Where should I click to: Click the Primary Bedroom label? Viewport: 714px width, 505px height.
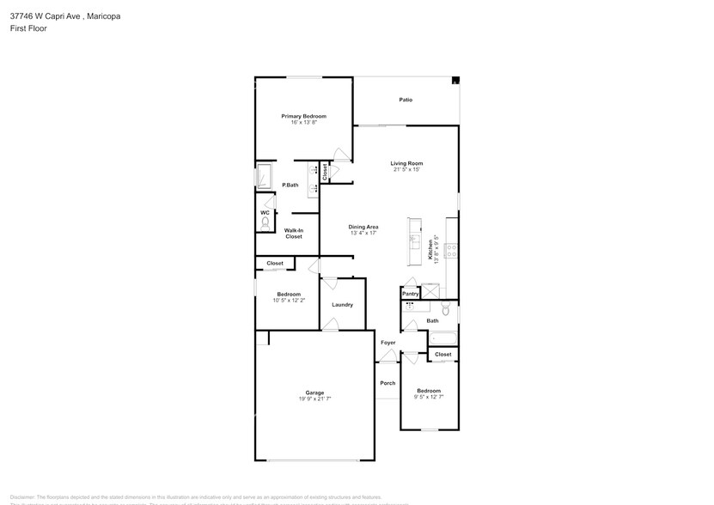[303, 116]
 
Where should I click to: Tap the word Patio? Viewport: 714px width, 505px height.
[406, 100]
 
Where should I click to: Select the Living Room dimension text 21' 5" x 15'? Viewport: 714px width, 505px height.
[406, 169]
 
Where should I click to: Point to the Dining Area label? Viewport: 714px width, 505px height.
[363, 227]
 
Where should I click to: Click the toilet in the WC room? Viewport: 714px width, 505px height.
[264, 223]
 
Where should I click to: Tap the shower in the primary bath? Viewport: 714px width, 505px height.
[265, 176]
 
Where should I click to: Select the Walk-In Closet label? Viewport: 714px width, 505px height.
[293, 233]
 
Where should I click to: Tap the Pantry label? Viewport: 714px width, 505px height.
[411, 294]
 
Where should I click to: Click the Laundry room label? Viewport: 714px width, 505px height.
[342, 304]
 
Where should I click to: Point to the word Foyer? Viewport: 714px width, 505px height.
[388, 343]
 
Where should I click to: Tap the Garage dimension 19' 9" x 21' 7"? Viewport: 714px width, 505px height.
[314, 399]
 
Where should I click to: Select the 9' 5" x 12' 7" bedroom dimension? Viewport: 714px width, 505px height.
[428, 396]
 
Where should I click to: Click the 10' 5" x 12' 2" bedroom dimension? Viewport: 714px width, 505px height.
[288, 300]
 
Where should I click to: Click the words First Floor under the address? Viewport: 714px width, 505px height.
[28, 28]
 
